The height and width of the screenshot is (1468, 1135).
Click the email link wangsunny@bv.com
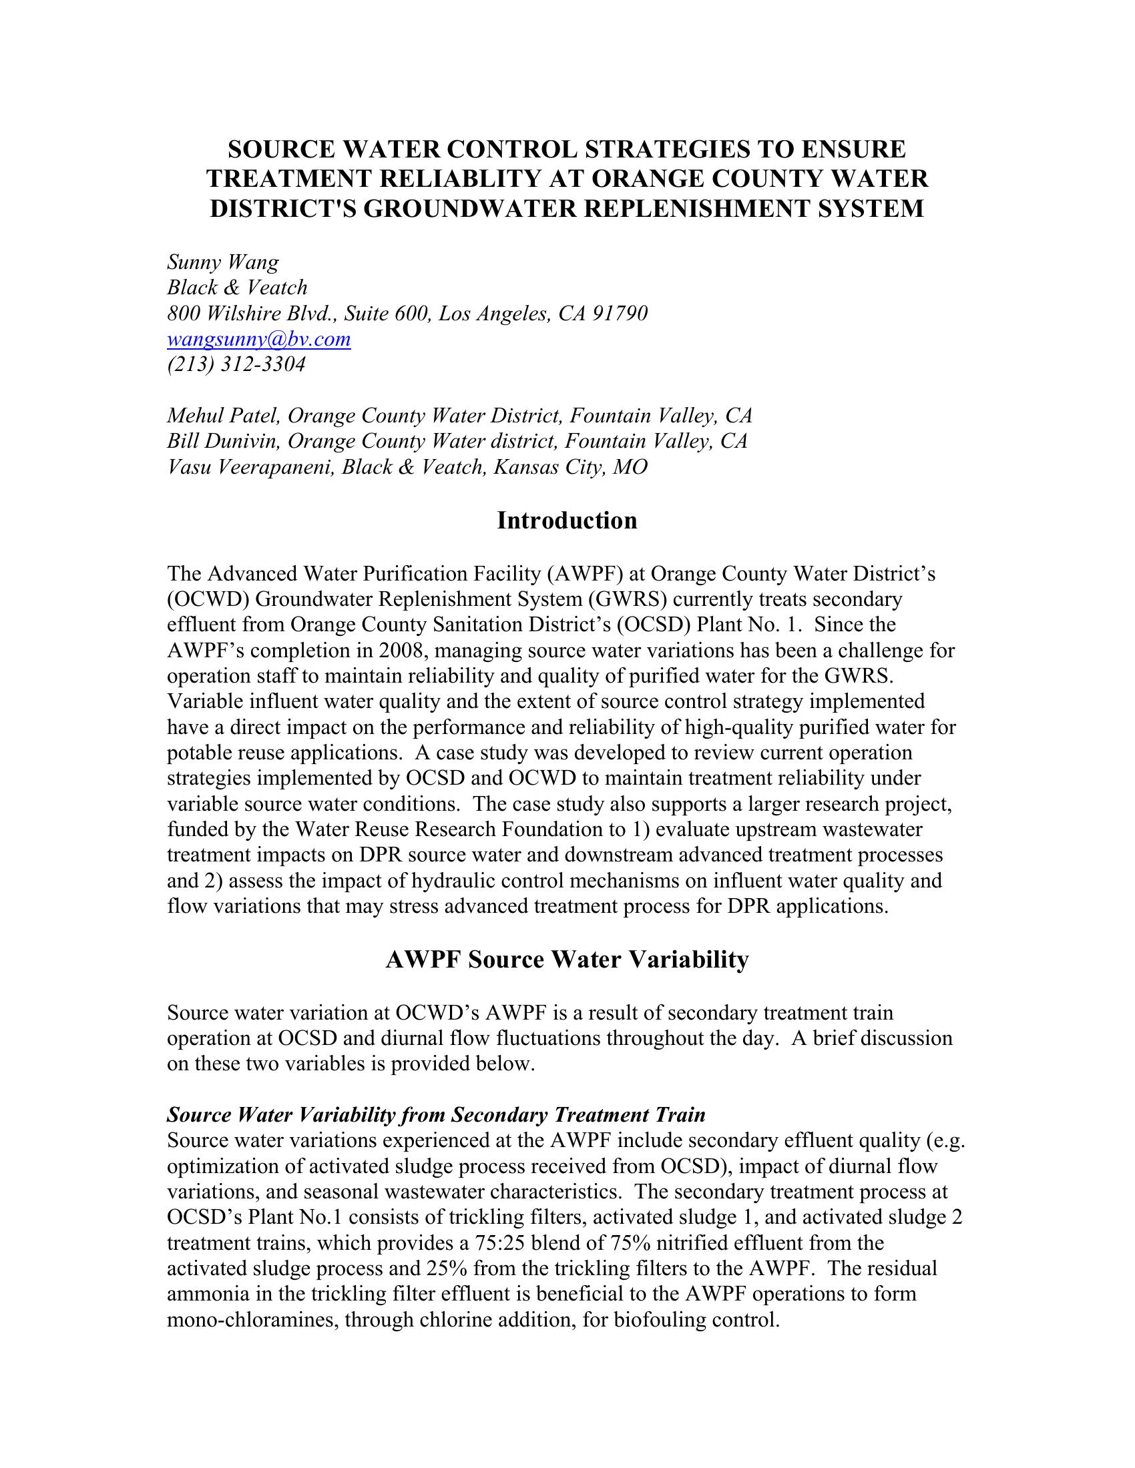click(259, 340)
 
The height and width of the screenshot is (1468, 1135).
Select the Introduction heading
click(567, 520)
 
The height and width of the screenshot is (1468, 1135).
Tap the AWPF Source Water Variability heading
click(567, 959)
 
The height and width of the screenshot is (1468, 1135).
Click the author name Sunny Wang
click(222, 262)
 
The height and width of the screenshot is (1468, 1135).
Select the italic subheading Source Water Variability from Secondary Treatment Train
click(437, 1115)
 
